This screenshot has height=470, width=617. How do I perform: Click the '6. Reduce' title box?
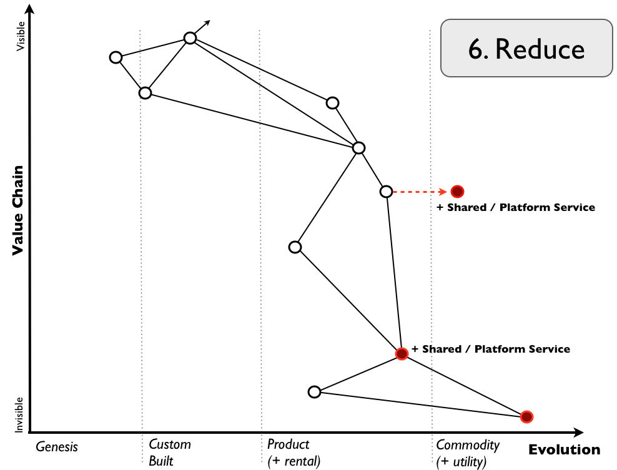pyautogui.click(x=526, y=49)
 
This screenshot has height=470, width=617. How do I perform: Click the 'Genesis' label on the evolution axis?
pyautogui.click(x=57, y=446)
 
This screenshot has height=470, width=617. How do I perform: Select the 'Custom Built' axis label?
pyautogui.click(x=169, y=453)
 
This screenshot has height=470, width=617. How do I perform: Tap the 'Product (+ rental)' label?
pyautogui.click(x=293, y=453)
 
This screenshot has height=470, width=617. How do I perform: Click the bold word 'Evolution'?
pyautogui.click(x=564, y=450)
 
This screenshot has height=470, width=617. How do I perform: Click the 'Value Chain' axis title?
pyautogui.click(x=17, y=210)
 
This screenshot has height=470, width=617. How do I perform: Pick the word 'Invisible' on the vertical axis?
pyautogui.click(x=19, y=414)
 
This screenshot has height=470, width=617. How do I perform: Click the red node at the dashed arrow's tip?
pyautogui.click(x=457, y=191)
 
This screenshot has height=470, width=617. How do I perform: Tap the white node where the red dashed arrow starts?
pyautogui.click(x=387, y=191)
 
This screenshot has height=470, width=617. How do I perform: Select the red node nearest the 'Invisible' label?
pyautogui.click(x=526, y=416)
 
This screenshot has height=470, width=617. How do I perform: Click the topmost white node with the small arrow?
pyautogui.click(x=190, y=38)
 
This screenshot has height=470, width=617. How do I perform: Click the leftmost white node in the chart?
pyautogui.click(x=116, y=57)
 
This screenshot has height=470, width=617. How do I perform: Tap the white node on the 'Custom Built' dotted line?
pyautogui.click(x=145, y=93)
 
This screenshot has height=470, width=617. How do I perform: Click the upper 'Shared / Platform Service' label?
pyautogui.click(x=516, y=207)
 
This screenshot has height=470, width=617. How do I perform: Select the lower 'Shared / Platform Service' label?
pyautogui.click(x=491, y=349)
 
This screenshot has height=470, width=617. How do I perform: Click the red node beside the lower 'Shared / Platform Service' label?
pyautogui.click(x=402, y=354)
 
